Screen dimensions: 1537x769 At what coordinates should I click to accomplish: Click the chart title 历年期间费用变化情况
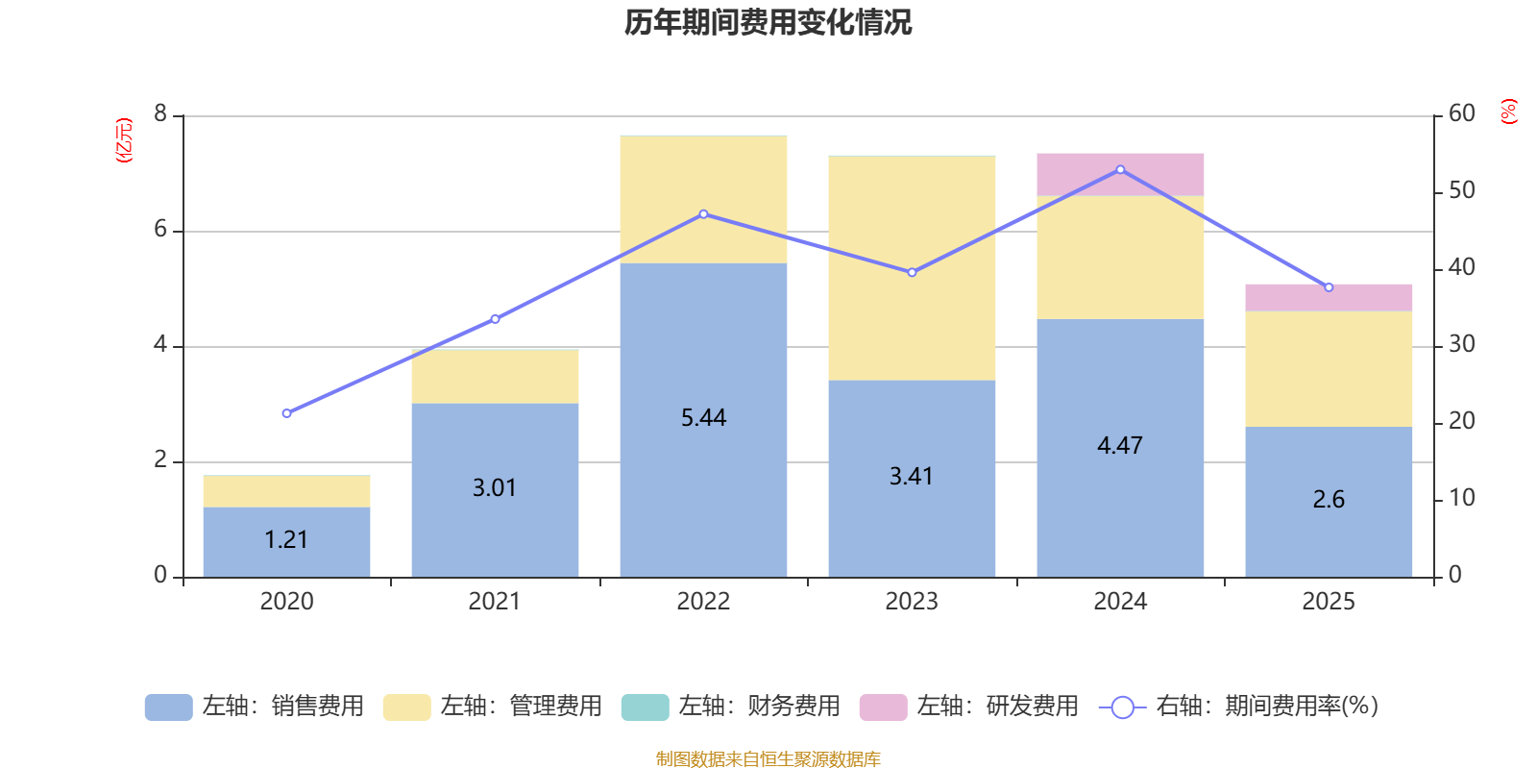pyautogui.click(x=768, y=23)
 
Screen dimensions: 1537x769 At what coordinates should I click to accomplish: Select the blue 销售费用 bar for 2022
pyautogui.click(x=703, y=420)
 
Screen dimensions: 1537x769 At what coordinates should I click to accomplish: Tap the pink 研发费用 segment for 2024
pyautogui.click(x=1120, y=175)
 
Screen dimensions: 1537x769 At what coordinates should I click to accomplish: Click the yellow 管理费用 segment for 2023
pyautogui.click(x=912, y=268)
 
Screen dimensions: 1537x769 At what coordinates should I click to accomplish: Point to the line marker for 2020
pyautogui.click(x=287, y=413)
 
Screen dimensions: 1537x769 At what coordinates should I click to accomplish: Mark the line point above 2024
pyautogui.click(x=1120, y=169)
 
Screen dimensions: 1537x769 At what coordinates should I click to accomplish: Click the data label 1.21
pyautogui.click(x=286, y=539)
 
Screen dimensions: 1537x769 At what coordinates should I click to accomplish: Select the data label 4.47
pyautogui.click(x=1120, y=446)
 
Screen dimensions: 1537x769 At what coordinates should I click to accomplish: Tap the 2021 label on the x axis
pyautogui.click(x=495, y=602)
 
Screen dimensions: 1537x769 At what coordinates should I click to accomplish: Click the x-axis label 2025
pyautogui.click(x=1329, y=602)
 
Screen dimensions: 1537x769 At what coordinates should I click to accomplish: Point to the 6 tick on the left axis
pyautogui.click(x=160, y=230)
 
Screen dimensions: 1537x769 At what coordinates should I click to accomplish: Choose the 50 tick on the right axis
pyautogui.click(x=1461, y=190)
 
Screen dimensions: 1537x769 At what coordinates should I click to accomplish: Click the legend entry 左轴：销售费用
pyautogui.click(x=255, y=707)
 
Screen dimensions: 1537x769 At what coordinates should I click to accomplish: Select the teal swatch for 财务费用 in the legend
pyautogui.click(x=645, y=707)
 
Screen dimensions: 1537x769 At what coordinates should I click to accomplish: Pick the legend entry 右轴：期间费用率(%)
pyautogui.click(x=1238, y=707)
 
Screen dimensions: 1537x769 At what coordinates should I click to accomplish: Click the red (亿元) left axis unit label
pyautogui.click(x=124, y=140)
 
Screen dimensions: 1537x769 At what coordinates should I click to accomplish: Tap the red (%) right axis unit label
pyautogui.click(x=1508, y=112)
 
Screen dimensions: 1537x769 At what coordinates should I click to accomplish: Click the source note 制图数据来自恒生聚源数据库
pyautogui.click(x=768, y=758)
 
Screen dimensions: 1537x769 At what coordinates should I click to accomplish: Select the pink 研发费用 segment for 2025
pyautogui.click(x=1329, y=298)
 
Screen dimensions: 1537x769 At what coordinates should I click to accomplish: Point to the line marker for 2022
pyautogui.click(x=703, y=214)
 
